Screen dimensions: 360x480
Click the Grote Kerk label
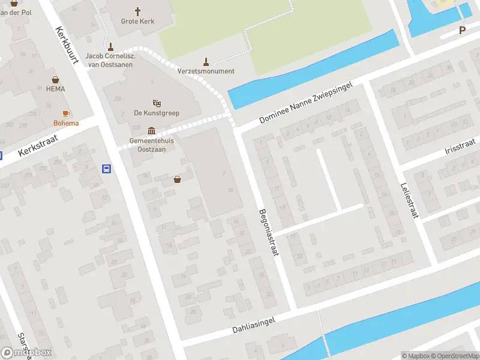tap(138, 22)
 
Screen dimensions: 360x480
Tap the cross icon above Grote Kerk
tap(138, 11)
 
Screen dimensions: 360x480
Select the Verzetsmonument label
tap(206, 71)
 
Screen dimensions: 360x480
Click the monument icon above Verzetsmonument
tap(206, 61)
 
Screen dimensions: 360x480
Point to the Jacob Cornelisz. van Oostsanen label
tap(110, 60)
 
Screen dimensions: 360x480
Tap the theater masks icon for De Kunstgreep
tap(157, 103)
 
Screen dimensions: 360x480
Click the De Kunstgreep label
tap(157, 113)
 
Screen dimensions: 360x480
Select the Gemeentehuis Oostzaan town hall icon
tap(151, 131)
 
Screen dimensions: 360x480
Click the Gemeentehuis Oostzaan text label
tap(152, 145)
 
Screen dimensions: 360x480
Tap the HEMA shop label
tap(55, 89)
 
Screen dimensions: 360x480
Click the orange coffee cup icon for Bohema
tap(66, 113)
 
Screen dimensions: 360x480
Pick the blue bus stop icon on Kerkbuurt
tap(107, 169)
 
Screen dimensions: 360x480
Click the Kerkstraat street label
tap(37, 145)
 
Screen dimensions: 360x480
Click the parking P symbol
tap(463, 30)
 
